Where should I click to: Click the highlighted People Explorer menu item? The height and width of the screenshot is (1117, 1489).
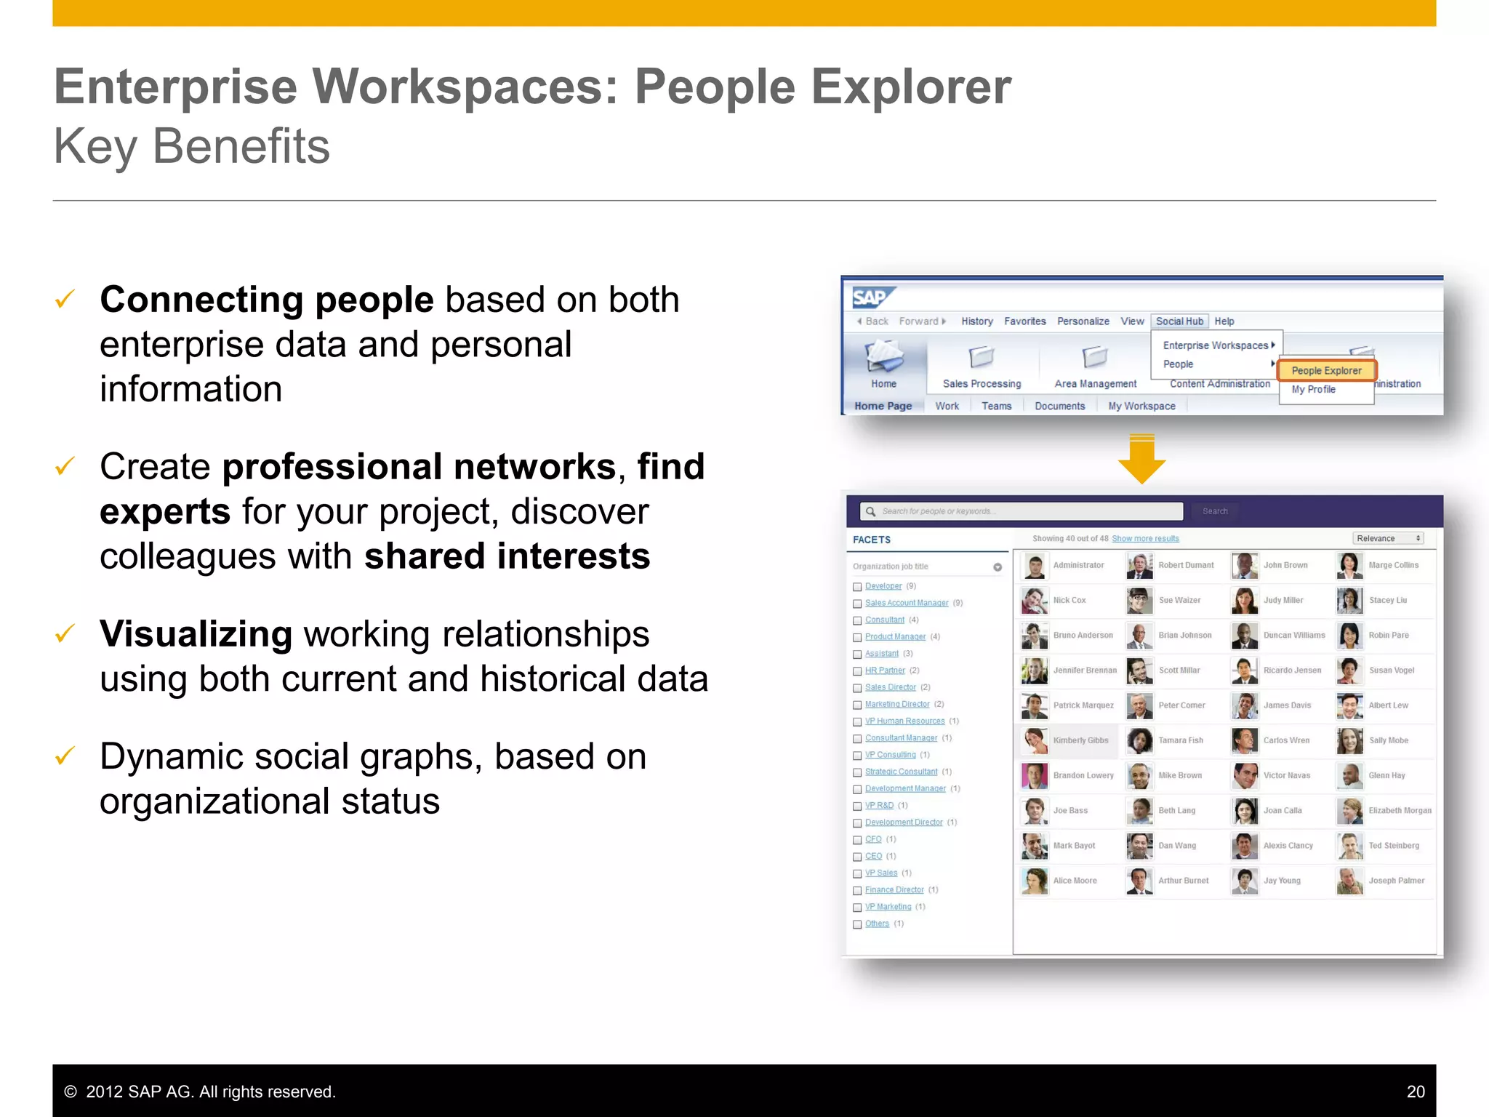(1326, 371)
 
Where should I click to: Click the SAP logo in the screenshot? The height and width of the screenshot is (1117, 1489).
(872, 297)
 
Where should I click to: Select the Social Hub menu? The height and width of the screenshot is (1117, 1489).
(1179, 321)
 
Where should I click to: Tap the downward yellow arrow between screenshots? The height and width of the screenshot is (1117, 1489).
(1141, 460)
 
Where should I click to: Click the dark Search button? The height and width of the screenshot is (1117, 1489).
(1215, 511)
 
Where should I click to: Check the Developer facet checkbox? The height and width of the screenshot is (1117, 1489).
(857, 587)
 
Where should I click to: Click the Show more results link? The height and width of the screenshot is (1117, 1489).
(1145, 539)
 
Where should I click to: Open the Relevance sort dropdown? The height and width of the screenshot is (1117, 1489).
(1388, 539)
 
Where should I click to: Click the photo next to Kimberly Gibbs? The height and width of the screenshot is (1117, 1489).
(1034, 740)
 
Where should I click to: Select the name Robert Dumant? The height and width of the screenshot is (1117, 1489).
(1186, 565)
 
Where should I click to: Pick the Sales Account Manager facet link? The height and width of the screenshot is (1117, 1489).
(907, 603)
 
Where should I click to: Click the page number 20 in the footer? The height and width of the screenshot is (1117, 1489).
(1415, 1092)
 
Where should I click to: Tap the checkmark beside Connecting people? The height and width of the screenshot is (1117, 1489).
(65, 299)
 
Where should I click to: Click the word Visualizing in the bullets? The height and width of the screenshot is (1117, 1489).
(196, 633)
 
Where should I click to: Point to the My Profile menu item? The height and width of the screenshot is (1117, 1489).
(1313, 390)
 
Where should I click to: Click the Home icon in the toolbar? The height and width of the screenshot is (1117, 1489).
(883, 359)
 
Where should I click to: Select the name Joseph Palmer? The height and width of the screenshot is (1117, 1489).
(1396, 881)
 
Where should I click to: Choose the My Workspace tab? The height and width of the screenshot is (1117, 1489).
(1141, 407)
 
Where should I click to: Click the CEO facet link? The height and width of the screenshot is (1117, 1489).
(873, 856)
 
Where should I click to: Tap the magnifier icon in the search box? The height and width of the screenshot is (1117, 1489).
(870, 511)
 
